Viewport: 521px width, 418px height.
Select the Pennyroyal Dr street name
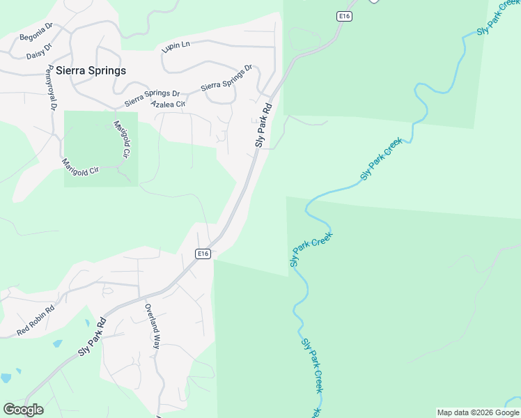(50, 88)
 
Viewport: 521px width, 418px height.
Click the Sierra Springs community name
(91, 70)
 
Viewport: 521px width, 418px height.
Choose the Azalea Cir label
(169, 104)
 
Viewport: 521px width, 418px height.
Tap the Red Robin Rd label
(35, 320)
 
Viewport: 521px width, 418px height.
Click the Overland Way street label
(153, 326)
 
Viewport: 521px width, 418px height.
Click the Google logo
(23, 410)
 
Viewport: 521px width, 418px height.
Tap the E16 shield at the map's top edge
(344, 17)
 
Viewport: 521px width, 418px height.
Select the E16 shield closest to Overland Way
(203, 254)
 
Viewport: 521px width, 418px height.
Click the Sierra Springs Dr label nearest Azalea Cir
(152, 98)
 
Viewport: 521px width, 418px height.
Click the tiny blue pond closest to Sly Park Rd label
(57, 344)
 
